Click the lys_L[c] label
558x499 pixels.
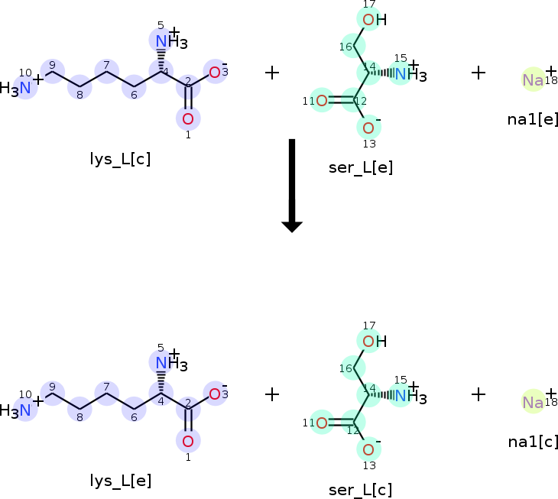coord(120,159)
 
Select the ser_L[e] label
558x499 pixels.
coord(361,167)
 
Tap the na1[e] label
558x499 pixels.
coord(533,119)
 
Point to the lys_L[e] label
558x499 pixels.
coord(120,481)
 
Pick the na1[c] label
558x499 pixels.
coord(533,441)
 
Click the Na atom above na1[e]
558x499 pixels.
coord(533,79)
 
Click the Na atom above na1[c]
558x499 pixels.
coord(533,402)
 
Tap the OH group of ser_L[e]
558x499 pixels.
coord(373,20)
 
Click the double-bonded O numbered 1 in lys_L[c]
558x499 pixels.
coord(188,118)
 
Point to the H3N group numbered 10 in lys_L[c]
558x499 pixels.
coord(18,89)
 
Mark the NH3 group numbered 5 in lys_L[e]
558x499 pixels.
coord(167,364)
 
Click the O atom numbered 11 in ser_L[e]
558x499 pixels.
coord(322,100)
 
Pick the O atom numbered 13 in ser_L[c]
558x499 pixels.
coord(368,449)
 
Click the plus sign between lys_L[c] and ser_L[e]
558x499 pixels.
coord(272,73)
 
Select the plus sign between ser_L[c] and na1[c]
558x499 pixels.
coord(479,394)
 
